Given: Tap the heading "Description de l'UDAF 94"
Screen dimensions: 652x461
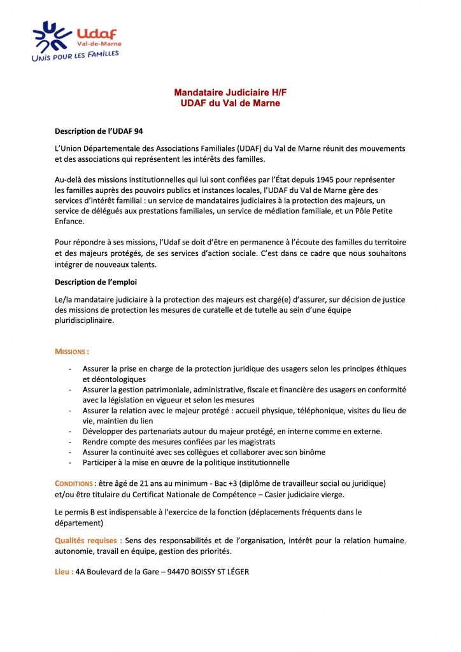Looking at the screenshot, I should (x=99, y=132).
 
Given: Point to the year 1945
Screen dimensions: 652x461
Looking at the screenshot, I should (x=327, y=180).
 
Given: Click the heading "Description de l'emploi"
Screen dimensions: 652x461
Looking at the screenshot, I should (x=96, y=281).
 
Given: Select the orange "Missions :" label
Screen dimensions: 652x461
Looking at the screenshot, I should (x=72, y=351).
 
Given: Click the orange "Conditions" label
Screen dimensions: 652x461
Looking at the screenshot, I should (x=73, y=483).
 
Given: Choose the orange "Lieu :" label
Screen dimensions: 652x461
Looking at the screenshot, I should (x=64, y=572).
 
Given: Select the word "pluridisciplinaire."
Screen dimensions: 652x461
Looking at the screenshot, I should (x=85, y=321).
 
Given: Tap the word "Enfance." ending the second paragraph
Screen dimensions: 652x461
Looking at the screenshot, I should (x=69, y=223).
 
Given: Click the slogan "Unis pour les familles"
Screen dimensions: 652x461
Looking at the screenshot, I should (x=74, y=55).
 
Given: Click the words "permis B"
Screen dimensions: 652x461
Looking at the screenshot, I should (x=83, y=512).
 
